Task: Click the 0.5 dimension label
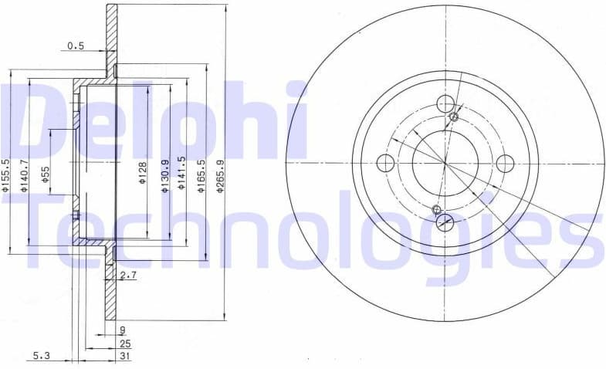pyautogui.click(x=76, y=46)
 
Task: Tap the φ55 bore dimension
pyautogui.click(x=46, y=174)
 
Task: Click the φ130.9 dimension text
pyautogui.click(x=164, y=174)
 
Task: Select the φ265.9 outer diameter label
pyautogui.click(x=221, y=174)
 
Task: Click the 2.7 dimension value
pyautogui.click(x=128, y=275)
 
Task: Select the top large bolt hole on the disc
pyautogui.click(x=445, y=103)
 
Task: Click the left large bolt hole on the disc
pyautogui.click(x=385, y=163)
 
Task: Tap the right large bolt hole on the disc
pyautogui.click(x=505, y=163)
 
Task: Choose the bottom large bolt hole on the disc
pyautogui.click(x=445, y=223)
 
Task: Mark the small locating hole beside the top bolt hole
pyautogui.click(x=454, y=117)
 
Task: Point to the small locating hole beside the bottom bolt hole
pyautogui.click(x=437, y=209)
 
